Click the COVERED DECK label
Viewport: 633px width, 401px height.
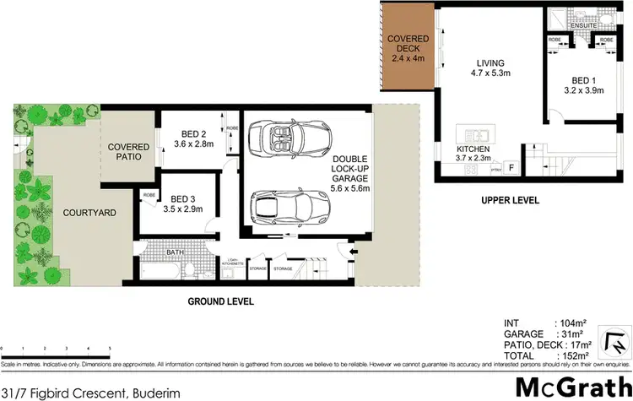tap(408, 49)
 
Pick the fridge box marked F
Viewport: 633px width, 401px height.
tap(511, 167)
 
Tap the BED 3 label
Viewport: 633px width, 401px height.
tap(178, 202)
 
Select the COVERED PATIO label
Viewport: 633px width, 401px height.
tap(128, 152)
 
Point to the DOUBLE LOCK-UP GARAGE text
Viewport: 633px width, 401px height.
tap(349, 176)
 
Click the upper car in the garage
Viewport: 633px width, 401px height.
tap(292, 138)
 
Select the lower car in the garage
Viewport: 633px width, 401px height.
tap(289, 203)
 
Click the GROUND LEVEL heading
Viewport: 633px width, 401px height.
tap(221, 301)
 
